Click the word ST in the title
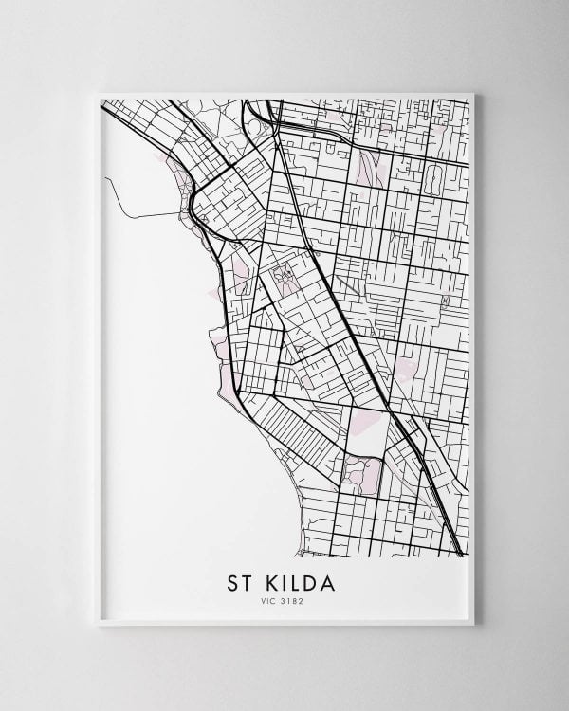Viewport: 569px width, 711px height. coord(239,579)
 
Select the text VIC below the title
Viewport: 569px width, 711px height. coord(271,600)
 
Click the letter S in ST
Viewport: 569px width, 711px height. coord(231,579)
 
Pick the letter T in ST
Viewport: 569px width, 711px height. coord(248,579)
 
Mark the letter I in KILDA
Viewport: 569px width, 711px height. coord(284,579)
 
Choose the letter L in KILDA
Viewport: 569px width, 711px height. coord(297,579)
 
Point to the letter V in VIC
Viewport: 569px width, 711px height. coord(266,600)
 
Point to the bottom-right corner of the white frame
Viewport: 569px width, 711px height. coord(475,625)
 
